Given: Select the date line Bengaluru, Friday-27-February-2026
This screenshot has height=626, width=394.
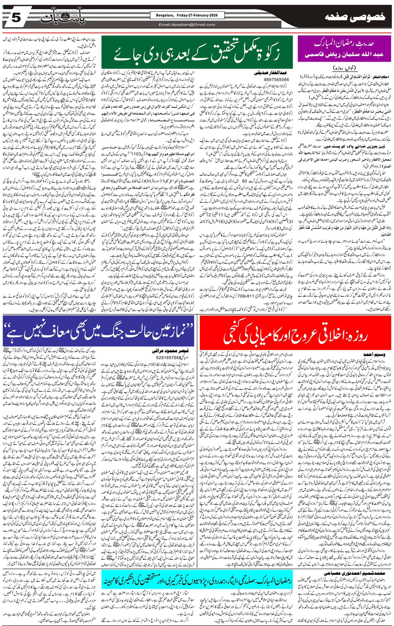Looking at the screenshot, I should pos(187,15).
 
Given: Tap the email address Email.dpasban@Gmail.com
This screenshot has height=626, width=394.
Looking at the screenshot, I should pos(187,25).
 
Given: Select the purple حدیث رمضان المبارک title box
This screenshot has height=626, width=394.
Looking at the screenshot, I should pos(344,49).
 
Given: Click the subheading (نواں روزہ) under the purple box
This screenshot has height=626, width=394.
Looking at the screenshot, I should pos(344,68).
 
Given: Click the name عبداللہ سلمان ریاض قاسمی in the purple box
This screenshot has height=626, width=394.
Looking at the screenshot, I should pos(344,55).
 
